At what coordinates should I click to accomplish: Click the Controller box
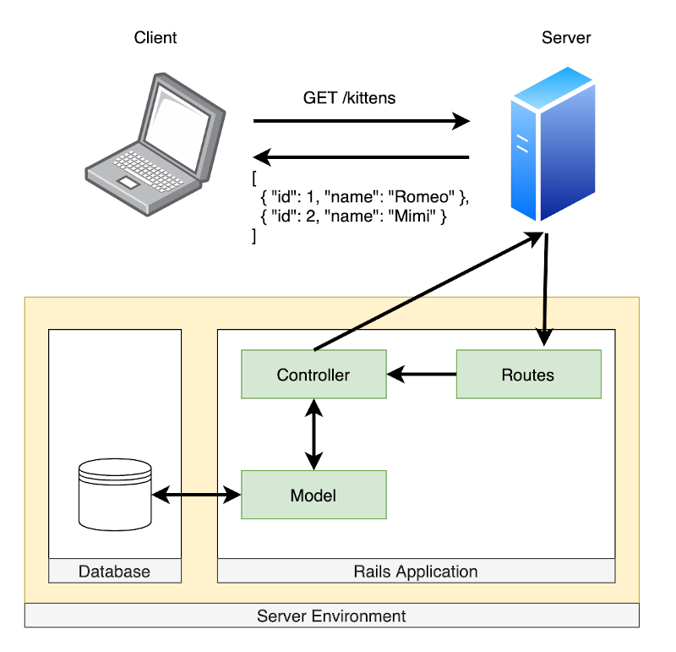[313, 375]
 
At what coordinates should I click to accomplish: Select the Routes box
[528, 375]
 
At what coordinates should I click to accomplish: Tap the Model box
[313, 495]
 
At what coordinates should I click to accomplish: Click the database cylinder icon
[114, 494]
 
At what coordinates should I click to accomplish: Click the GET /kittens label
[349, 98]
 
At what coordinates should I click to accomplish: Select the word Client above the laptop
[155, 38]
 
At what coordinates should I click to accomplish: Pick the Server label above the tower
[566, 38]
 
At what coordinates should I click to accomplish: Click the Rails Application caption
[415, 572]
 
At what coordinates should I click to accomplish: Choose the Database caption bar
[114, 572]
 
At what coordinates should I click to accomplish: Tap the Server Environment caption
[331, 616]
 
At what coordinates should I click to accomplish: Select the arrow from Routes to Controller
[422, 373]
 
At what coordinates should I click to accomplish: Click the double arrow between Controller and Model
[314, 435]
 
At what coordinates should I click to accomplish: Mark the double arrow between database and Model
[197, 496]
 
